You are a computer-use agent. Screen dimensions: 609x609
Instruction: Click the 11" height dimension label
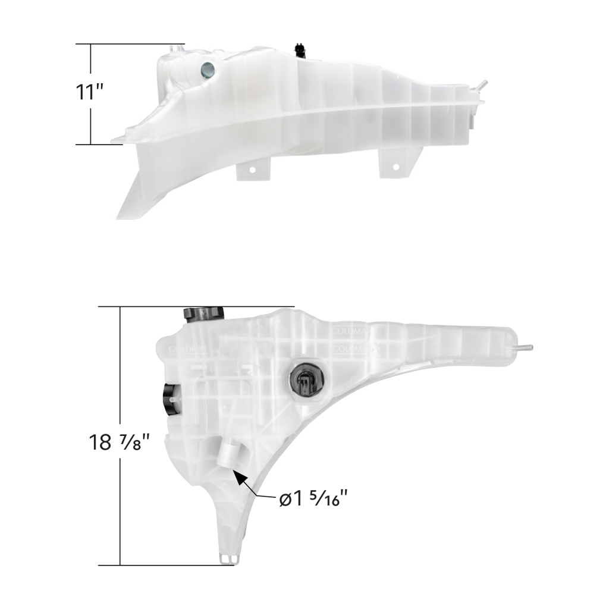90,93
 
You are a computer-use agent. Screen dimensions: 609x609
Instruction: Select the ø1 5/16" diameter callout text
313,498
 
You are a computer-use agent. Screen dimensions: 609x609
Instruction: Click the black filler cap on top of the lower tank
203,313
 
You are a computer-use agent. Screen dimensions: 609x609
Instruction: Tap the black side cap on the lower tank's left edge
170,398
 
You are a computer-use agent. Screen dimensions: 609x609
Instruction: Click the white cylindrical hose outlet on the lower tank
228,456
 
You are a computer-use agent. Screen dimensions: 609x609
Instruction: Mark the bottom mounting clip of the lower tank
228,558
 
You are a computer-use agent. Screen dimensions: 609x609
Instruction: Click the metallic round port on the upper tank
208,70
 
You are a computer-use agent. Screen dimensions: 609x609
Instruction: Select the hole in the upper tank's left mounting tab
252,170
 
